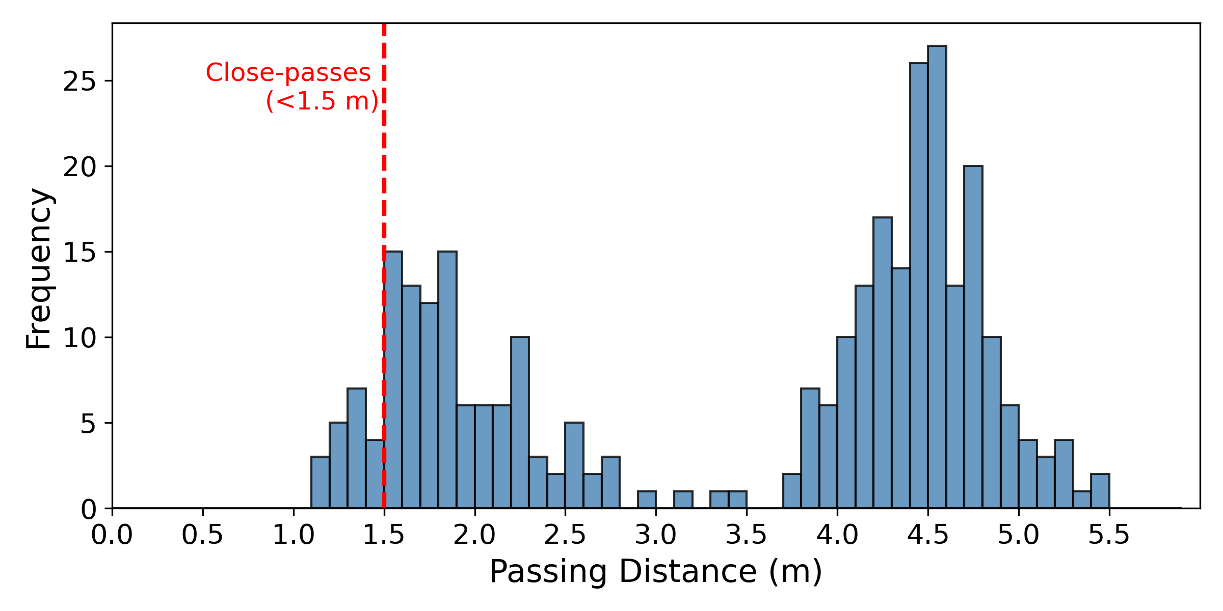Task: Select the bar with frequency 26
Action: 919,285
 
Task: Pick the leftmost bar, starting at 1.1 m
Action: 320,483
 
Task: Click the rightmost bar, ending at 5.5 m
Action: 1100,491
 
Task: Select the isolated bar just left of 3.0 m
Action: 647,500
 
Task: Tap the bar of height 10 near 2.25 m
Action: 520,423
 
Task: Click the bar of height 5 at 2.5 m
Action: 574,465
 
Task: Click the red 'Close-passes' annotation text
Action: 288,73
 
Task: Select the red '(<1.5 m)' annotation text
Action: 322,101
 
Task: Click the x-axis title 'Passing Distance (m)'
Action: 656,572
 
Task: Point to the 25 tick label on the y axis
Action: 79,81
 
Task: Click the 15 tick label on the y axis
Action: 79,253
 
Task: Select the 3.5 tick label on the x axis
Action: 746,535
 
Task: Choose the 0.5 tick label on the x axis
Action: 202,535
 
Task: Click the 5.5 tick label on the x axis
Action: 1109,535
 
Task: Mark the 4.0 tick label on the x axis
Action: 837,535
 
